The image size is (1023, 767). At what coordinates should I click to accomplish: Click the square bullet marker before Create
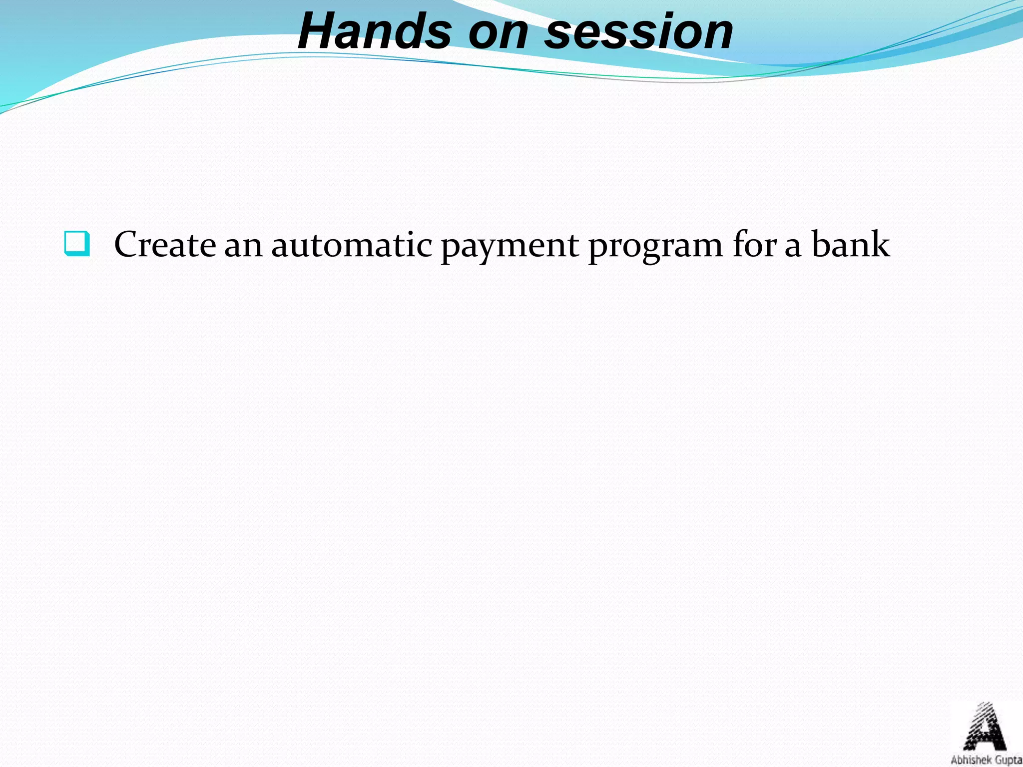pos(77,244)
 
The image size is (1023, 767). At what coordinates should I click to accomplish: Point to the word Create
pos(165,245)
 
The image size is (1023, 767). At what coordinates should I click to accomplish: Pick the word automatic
pos(352,245)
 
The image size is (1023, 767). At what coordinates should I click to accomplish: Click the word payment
pos(509,246)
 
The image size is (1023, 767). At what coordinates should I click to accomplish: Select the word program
pos(656,246)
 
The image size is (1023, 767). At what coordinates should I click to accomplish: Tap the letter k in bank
pos(879,244)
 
